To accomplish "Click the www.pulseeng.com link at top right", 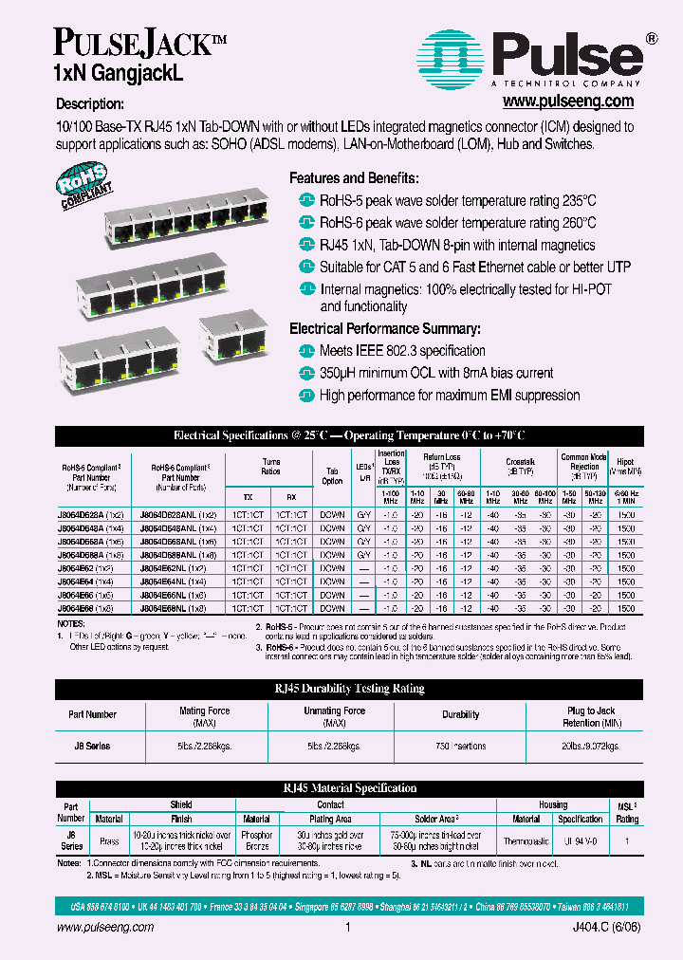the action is [x=567, y=101].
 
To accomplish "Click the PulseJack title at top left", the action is [x=131, y=43].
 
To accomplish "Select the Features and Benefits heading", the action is [x=354, y=178].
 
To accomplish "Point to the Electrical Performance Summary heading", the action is [x=385, y=328].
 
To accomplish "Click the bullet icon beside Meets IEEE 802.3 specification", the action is [x=305, y=352].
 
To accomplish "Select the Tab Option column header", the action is [x=332, y=475].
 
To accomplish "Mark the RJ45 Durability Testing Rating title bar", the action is [x=341, y=689].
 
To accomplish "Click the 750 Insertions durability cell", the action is [x=461, y=747].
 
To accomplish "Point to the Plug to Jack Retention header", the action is [x=591, y=716].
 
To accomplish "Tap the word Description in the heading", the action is [x=89, y=103].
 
